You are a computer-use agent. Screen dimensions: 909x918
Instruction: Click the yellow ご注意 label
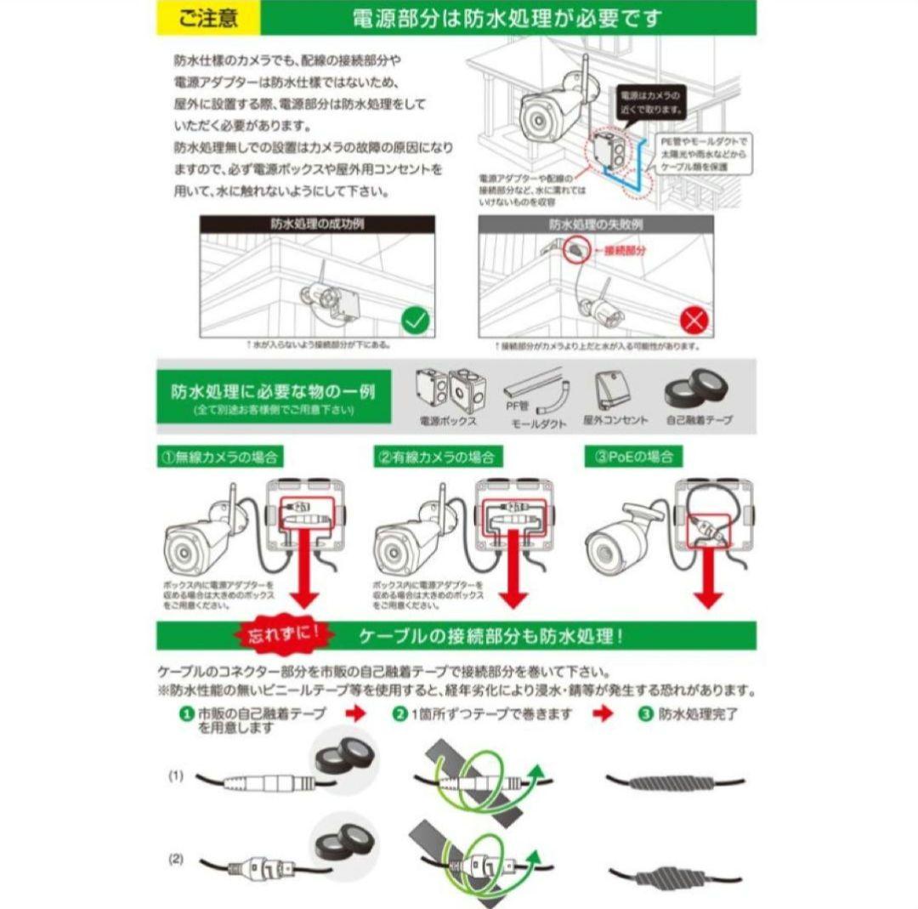click(x=208, y=18)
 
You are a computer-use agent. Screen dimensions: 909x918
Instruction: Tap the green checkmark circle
click(x=416, y=321)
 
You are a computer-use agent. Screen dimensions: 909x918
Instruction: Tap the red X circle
click(x=694, y=321)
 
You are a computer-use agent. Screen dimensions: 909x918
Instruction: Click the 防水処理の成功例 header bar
click(x=317, y=224)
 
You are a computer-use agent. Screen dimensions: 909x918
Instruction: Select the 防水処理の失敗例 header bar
click(x=596, y=224)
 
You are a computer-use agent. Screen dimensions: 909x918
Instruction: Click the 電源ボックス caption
click(x=448, y=421)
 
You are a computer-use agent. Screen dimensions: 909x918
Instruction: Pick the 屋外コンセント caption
click(x=615, y=420)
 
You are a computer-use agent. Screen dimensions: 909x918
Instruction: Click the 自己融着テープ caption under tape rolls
click(x=700, y=420)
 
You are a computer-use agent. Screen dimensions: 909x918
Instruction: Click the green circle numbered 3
click(x=645, y=714)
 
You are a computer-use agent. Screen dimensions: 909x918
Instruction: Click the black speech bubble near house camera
click(x=650, y=102)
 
